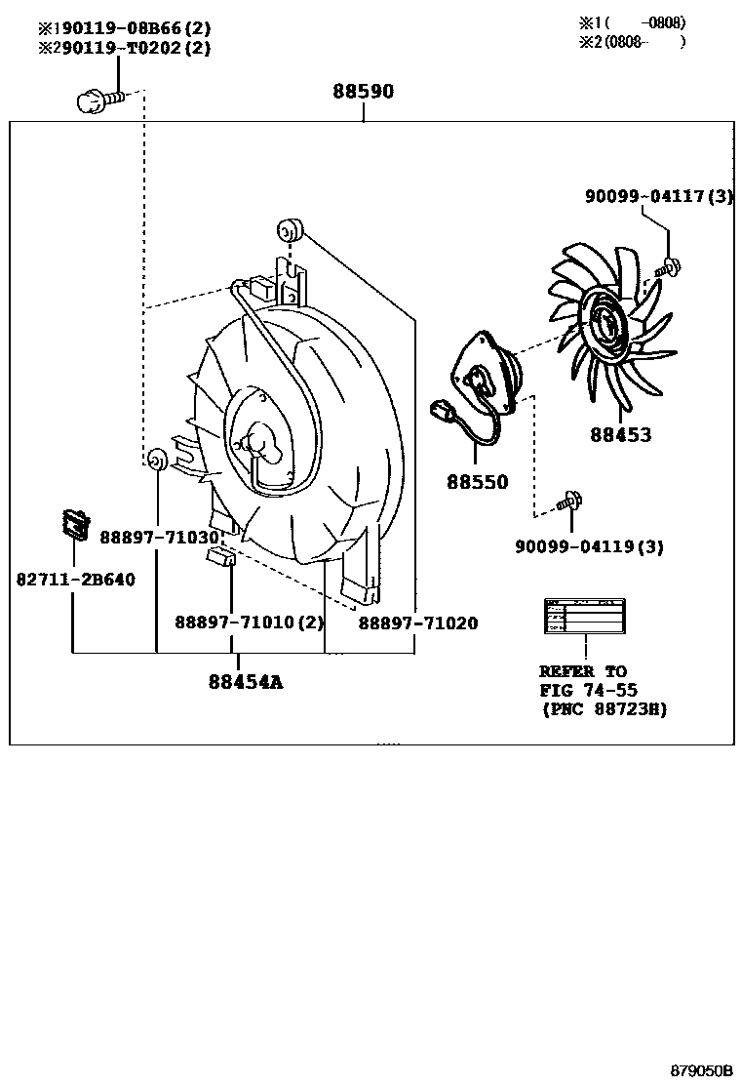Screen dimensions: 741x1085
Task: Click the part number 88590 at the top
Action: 363,92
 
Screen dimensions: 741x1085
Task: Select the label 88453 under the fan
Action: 620,435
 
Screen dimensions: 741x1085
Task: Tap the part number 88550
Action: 478,482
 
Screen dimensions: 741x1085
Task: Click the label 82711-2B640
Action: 75,580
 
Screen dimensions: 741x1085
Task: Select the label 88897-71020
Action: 417,623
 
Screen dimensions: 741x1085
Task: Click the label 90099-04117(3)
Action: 659,196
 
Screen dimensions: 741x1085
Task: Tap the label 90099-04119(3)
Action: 589,546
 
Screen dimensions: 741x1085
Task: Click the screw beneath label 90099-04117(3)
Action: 669,263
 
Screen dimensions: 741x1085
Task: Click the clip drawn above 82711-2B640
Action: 73,525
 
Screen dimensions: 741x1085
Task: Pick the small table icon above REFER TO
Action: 585,617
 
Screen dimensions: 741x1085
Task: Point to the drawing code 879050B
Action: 700,1070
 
